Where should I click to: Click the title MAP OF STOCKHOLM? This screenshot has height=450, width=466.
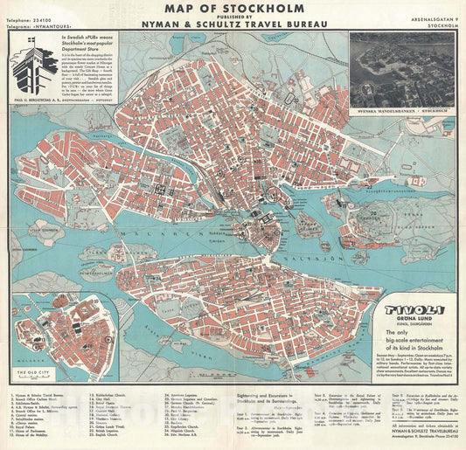pyautogui.click(x=233, y=11)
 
